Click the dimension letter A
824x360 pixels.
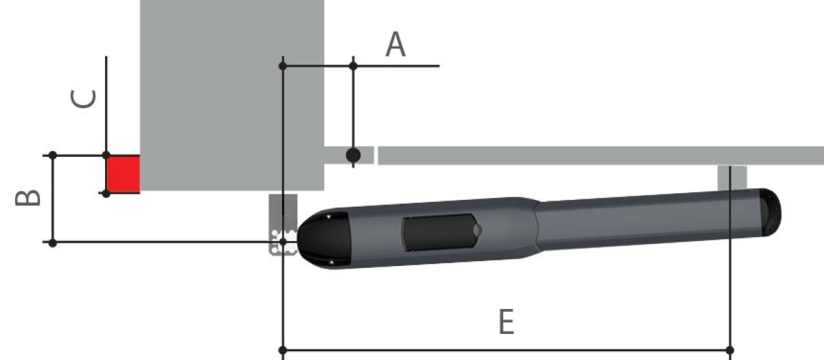[396, 44]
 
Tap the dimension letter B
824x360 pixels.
[27, 197]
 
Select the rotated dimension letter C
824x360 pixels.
[83, 99]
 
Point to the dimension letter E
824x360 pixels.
[506, 322]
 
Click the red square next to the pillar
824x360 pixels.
[123, 174]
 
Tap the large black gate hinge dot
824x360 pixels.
[353, 155]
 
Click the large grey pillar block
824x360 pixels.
[232, 95]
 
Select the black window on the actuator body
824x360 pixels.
[441, 233]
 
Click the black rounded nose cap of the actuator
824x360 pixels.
[323, 239]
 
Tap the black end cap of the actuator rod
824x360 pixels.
[770, 212]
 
